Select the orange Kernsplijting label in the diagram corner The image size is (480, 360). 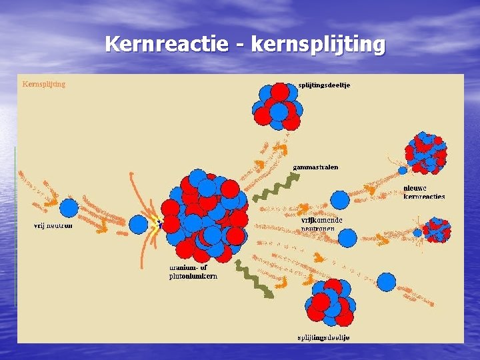coord(44,84)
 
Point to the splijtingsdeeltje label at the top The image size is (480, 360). coord(325,85)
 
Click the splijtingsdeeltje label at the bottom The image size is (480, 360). coord(323,337)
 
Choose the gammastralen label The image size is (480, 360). coord(315,167)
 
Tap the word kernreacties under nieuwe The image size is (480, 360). coord(424,197)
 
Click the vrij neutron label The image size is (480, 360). coord(53,225)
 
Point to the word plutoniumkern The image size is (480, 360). coord(193,275)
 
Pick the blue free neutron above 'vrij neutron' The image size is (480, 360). coord(68,207)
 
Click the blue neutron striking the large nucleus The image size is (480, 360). coord(139,225)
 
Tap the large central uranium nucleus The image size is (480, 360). coord(203,216)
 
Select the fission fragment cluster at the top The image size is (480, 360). coord(276,106)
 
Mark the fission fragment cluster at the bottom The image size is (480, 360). coord(329,303)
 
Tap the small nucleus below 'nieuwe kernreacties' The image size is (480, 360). coord(437,230)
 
